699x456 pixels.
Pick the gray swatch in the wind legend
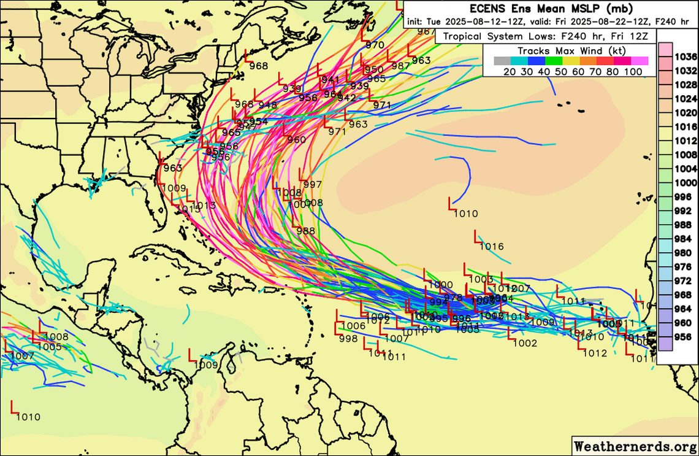pos(502,61)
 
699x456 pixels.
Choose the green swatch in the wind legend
pos(554,61)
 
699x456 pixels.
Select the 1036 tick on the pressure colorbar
pos(686,57)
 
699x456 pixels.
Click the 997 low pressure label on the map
pos(313,185)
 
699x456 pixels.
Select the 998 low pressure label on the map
pos(348,339)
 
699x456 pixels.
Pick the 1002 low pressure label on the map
pos(525,343)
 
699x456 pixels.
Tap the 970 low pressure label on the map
pos(375,45)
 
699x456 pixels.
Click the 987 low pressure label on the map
pos(400,66)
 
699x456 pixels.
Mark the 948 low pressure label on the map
pos(268,105)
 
